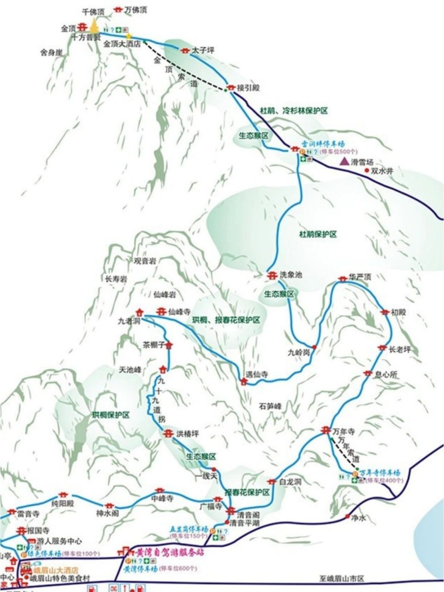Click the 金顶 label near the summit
[68, 28]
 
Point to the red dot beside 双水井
[367, 171]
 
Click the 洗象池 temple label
[291, 275]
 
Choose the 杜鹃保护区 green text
[318, 234]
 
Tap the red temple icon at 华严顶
[342, 278]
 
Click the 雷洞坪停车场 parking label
[323, 144]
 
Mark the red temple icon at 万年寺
[325, 430]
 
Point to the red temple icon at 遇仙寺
[243, 381]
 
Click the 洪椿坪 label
[188, 434]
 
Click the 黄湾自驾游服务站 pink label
[170, 552]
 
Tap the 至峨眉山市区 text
[342, 578]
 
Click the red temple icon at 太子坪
[185, 50]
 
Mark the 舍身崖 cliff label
[51, 53]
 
